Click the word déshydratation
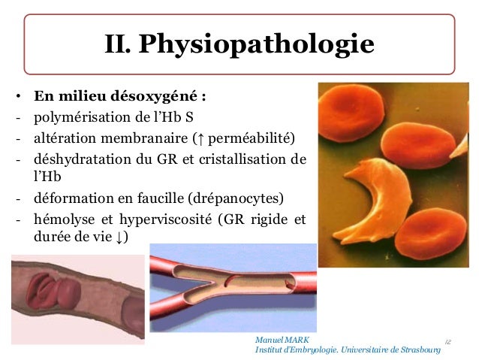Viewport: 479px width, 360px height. coord(74,159)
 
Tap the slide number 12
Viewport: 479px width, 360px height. coord(447,342)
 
